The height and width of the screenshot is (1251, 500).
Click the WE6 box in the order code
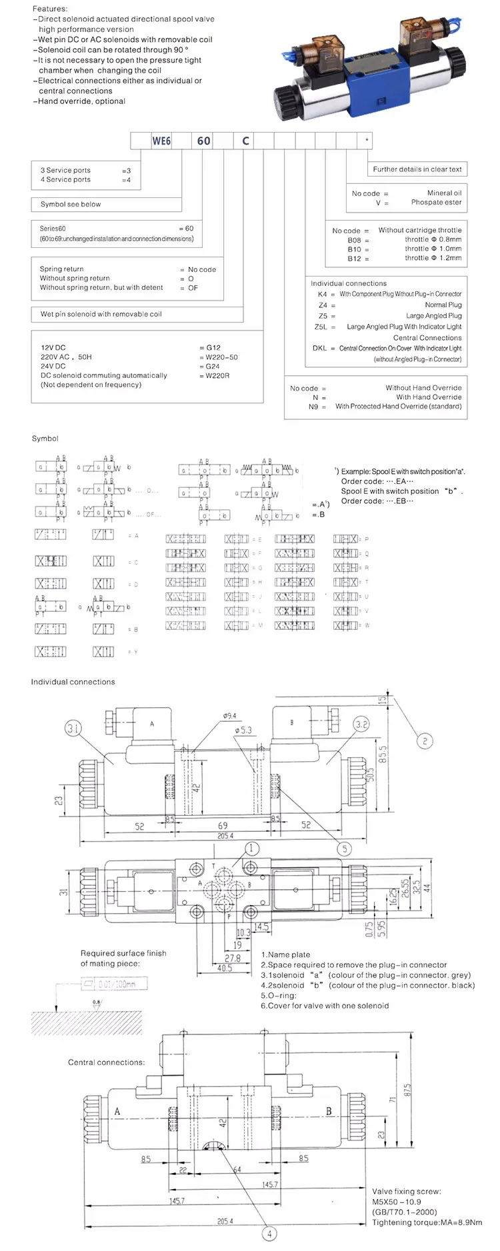click(161, 141)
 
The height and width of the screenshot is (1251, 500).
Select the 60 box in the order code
click(203, 141)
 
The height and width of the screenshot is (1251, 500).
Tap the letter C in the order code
click(245, 141)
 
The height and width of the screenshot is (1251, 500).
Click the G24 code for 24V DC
click(212, 366)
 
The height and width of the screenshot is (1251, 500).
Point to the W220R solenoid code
click(217, 375)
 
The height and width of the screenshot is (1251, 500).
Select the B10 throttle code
click(354, 249)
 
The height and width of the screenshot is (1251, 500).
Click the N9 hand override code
click(313, 406)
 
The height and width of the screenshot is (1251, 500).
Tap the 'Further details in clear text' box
click(417, 169)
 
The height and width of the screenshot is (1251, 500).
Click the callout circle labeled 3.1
click(73, 728)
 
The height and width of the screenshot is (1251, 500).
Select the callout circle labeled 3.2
click(361, 724)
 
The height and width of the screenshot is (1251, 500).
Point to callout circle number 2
click(425, 740)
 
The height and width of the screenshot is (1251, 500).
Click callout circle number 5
click(345, 848)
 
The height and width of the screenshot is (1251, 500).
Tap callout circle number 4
click(269, 1234)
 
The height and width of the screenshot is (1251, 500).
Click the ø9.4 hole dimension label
click(229, 716)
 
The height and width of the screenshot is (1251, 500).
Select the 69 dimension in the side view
click(223, 825)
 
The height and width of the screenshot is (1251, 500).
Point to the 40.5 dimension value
click(225, 968)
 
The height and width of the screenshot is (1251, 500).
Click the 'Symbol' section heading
click(45, 439)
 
